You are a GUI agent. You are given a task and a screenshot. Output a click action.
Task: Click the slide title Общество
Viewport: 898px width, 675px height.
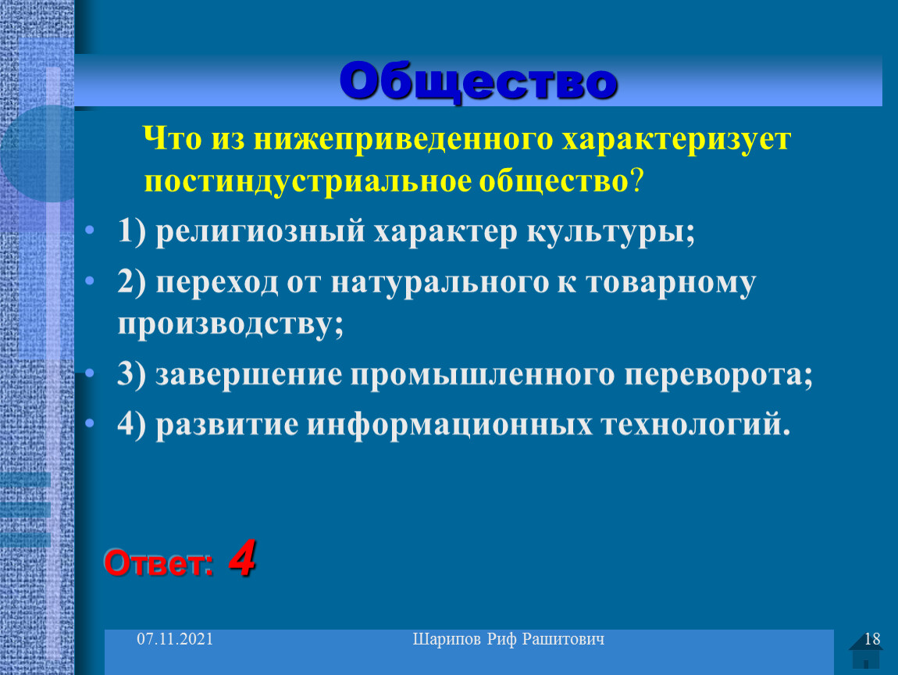tap(478, 80)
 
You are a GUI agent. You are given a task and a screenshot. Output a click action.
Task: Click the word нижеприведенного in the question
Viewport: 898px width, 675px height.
tap(404, 139)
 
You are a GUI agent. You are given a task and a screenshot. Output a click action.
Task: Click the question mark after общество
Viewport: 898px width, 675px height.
tap(637, 180)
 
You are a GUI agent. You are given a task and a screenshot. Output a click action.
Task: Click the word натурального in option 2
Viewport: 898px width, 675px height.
tap(440, 283)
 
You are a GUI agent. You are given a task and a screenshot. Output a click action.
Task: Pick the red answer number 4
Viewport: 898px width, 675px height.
tap(242, 558)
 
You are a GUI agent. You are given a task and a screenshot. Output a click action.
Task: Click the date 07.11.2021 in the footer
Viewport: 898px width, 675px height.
tap(175, 639)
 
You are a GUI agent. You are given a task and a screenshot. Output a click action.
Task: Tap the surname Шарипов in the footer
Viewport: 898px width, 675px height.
tap(447, 640)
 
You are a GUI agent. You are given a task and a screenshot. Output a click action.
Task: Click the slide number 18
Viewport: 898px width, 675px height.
tap(872, 639)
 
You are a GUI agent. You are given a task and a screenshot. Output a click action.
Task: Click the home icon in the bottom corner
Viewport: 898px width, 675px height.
tap(865, 652)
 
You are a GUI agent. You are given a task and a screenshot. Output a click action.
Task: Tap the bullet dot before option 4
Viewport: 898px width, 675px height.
tap(90, 423)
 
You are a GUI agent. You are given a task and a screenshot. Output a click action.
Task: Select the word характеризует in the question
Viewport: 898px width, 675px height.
tap(676, 139)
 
